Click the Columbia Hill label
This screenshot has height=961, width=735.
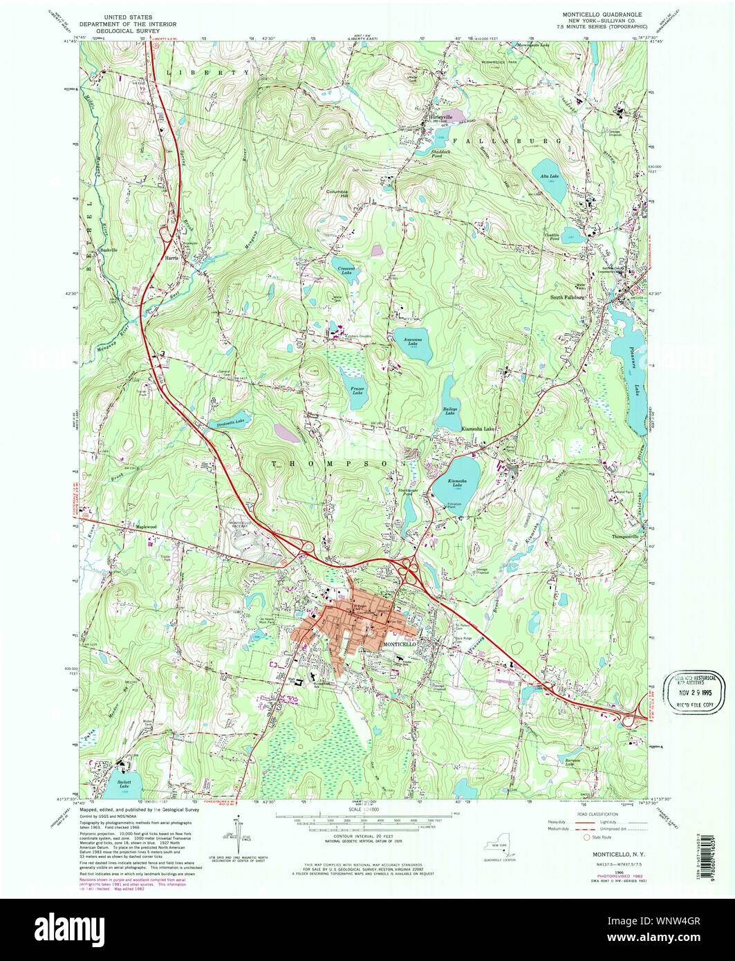pyautogui.click(x=338, y=193)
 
